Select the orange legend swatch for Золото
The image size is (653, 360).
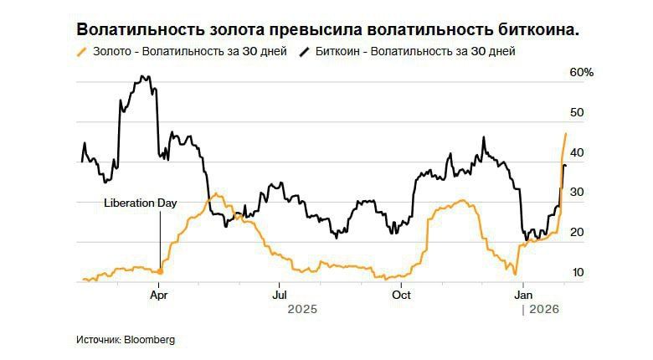coord(81,52)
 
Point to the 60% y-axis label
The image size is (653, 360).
coord(581,73)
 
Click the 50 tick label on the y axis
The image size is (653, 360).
coord(577,112)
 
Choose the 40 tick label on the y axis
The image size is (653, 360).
coord(577,153)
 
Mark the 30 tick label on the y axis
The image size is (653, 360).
coord(577,193)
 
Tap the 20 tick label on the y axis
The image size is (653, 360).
coord(577,233)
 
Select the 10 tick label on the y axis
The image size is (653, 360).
coord(577,273)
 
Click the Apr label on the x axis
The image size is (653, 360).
coord(159,295)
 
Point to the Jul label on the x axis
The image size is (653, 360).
coord(280,295)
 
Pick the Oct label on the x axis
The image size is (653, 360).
coord(401,295)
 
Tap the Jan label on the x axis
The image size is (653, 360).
coord(523,295)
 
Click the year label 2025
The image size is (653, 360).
coord(302,310)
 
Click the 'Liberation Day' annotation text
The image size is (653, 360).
coord(140,203)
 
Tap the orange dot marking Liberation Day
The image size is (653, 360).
coord(160,271)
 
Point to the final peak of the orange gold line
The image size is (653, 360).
coord(566,134)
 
